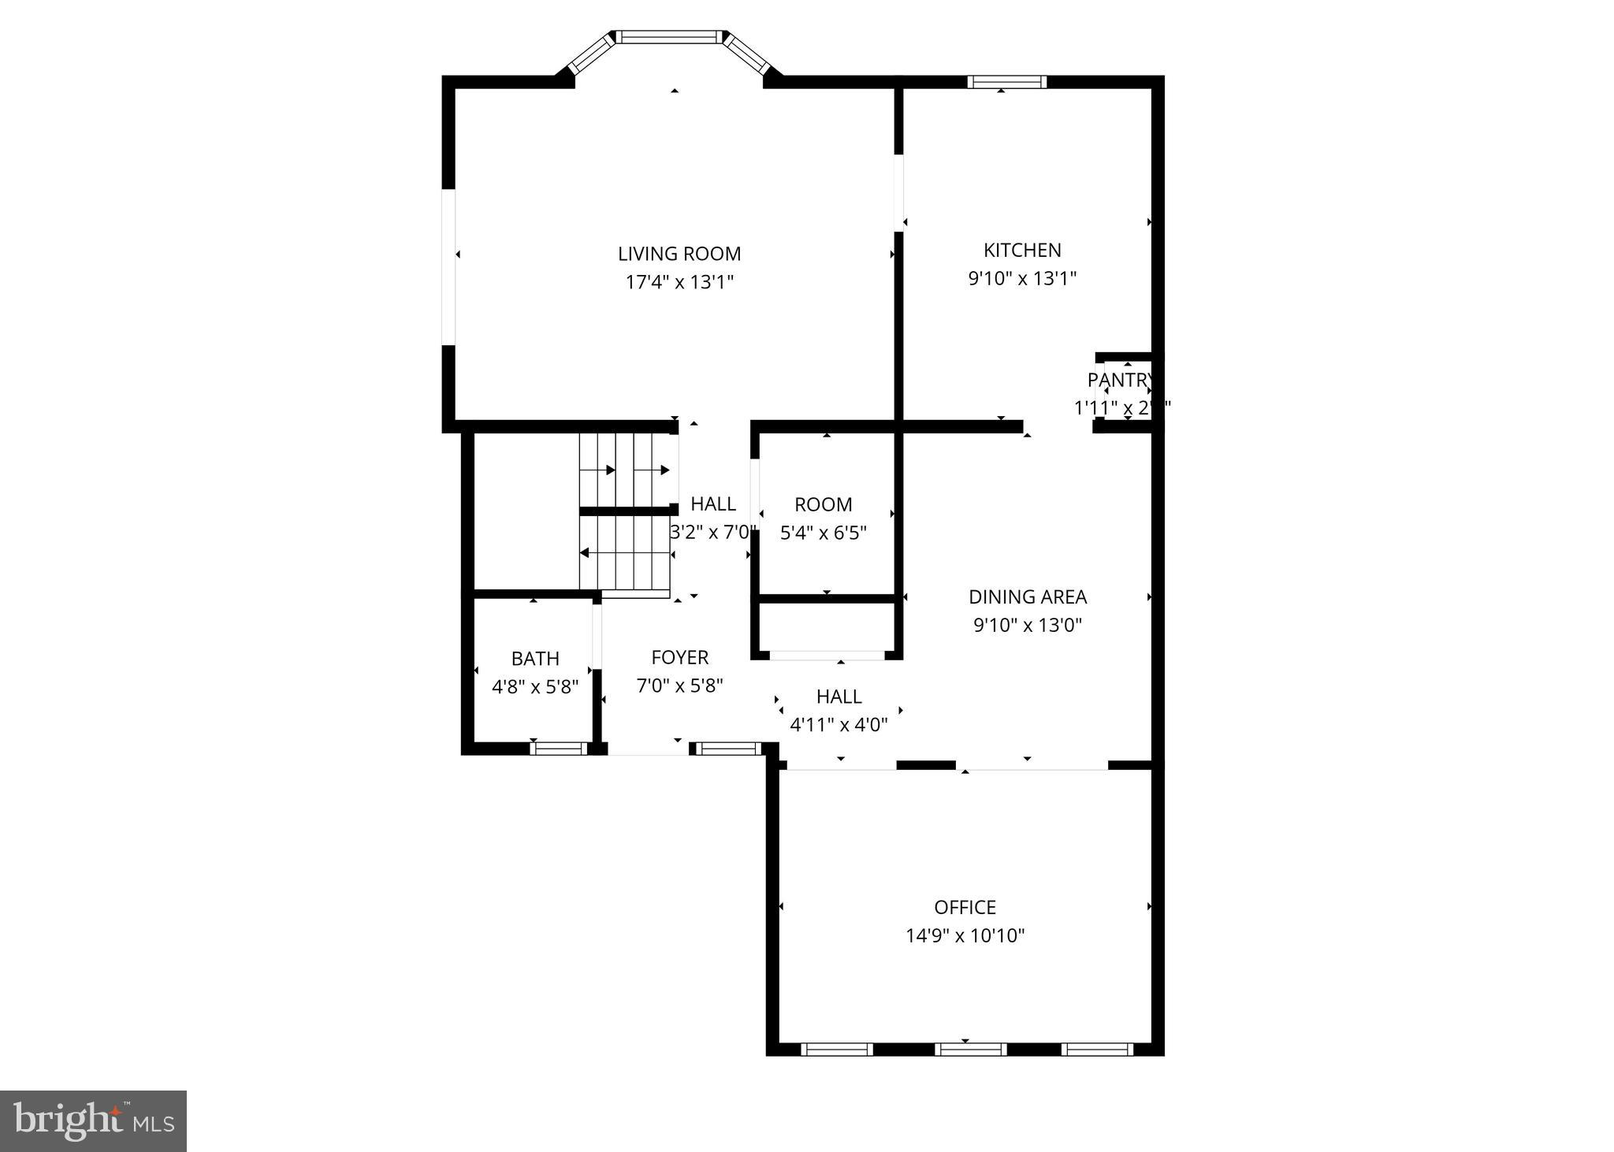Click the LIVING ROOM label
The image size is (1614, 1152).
[x=679, y=254]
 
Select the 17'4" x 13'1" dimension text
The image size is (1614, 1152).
[x=679, y=282]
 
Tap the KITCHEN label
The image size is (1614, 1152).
[x=1022, y=250]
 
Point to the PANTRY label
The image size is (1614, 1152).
[x=1120, y=380]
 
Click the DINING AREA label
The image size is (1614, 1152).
[x=1027, y=596]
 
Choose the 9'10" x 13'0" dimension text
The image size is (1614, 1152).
[x=1027, y=625]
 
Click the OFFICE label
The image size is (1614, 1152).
[x=965, y=907]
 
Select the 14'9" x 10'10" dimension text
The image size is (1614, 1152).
[x=965, y=935]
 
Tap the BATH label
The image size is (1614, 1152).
[x=535, y=658]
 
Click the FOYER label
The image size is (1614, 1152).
[x=679, y=657]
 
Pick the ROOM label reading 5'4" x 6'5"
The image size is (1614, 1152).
[x=823, y=504]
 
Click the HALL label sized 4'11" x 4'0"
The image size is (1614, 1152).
[x=839, y=697]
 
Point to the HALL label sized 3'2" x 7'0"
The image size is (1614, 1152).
[x=713, y=504]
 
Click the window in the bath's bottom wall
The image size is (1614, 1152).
[x=559, y=749]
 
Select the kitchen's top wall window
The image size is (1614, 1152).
[x=1007, y=81]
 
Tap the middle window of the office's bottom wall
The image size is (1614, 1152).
[x=970, y=1049]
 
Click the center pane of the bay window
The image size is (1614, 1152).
[x=668, y=36]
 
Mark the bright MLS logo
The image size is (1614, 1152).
[x=93, y=1121]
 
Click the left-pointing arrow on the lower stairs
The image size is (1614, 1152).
[x=585, y=553]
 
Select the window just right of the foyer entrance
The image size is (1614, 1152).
[x=727, y=749]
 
